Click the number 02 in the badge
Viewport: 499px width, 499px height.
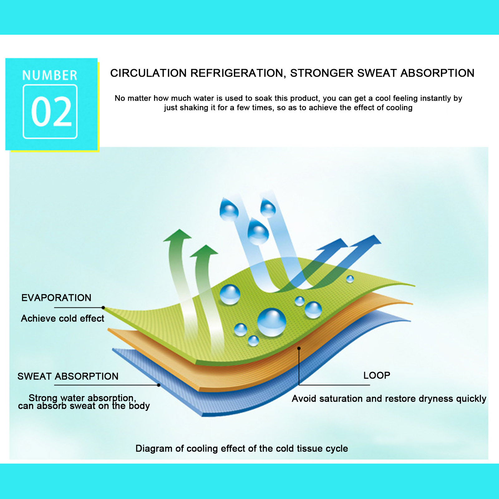click(x=51, y=111)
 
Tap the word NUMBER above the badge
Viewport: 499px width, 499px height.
click(x=50, y=75)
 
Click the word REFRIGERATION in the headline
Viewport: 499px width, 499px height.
click(x=237, y=73)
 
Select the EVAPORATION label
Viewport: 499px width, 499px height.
click(x=56, y=298)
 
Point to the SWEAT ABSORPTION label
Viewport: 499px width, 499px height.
click(x=68, y=376)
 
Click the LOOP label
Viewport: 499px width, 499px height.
click(x=377, y=375)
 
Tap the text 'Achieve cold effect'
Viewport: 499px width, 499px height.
click(x=62, y=318)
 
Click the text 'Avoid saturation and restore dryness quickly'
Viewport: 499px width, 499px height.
click(x=389, y=399)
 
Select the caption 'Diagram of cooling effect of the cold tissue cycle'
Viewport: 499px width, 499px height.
click(x=242, y=448)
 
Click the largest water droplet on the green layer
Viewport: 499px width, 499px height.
click(x=271, y=322)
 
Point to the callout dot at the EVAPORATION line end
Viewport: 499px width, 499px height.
click(x=103, y=308)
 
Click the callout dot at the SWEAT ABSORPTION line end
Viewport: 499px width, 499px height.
click(x=159, y=385)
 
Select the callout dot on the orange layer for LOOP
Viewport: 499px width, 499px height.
click(x=299, y=348)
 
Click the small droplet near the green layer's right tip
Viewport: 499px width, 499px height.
click(x=350, y=279)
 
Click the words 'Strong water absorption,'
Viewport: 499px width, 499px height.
click(x=82, y=398)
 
